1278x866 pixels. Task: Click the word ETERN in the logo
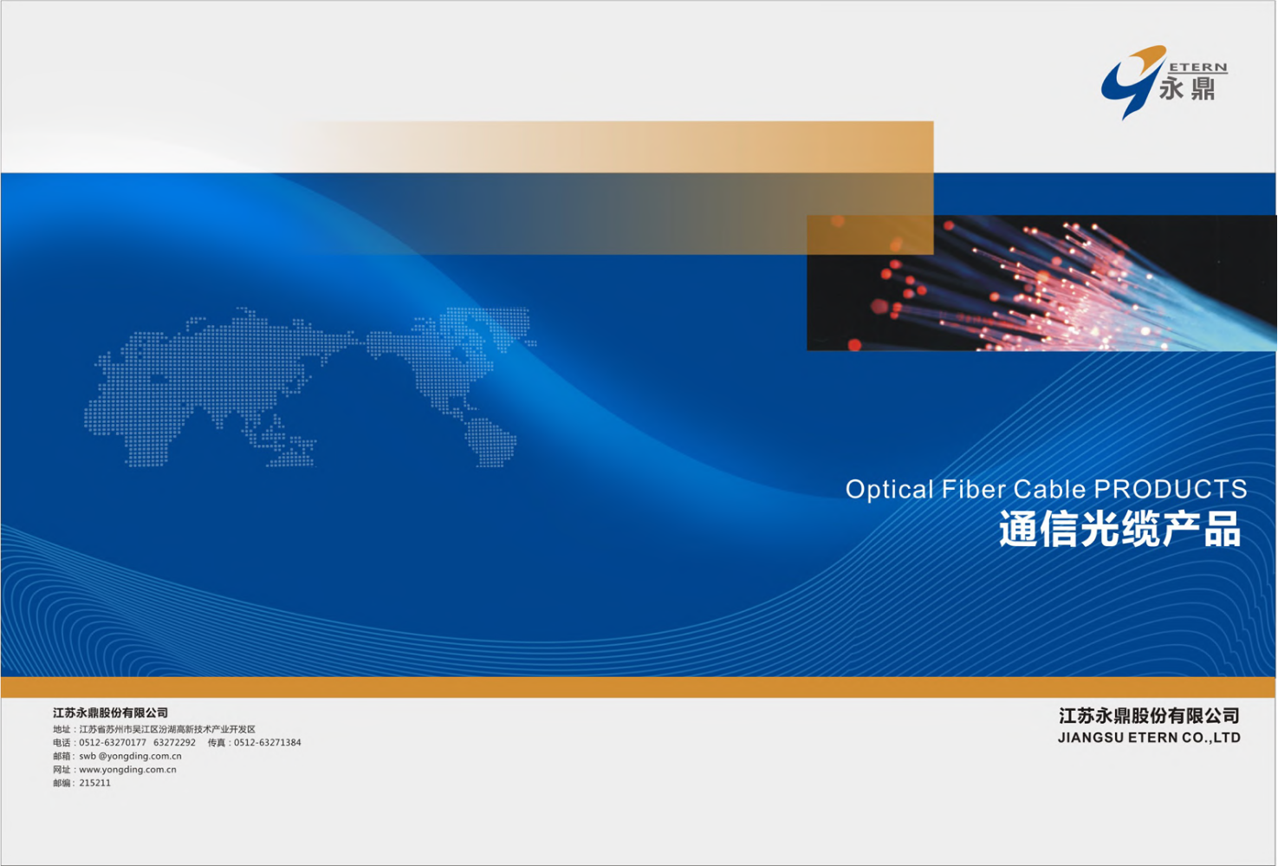click(x=1197, y=68)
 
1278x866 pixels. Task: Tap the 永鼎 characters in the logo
click(x=1187, y=89)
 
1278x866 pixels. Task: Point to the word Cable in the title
click(x=1049, y=489)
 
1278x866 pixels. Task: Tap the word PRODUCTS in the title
click(x=1171, y=489)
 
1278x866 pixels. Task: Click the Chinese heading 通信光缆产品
click(x=1120, y=529)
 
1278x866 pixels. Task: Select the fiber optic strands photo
click(x=1041, y=283)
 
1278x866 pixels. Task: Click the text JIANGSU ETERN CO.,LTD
click(x=1149, y=738)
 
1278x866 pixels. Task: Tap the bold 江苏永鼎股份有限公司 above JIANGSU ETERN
click(x=1149, y=716)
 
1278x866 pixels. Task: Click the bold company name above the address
click(x=110, y=713)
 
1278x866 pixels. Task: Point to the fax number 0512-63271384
click(x=267, y=743)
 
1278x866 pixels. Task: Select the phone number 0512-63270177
click(x=113, y=743)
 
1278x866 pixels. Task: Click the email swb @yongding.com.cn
click(x=130, y=757)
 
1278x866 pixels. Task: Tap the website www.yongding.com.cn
click(x=128, y=770)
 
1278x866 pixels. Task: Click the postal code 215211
click(x=94, y=784)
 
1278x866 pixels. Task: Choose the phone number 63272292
click(x=174, y=743)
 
